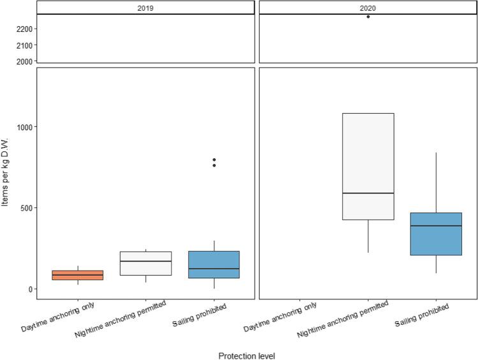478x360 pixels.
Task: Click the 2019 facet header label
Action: [146, 7]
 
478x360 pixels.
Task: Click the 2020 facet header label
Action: [368, 7]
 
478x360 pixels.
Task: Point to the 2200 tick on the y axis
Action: [26, 29]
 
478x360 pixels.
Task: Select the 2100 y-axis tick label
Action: [26, 45]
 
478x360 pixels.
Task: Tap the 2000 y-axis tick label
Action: [26, 61]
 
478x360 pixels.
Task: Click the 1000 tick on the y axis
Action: [26, 127]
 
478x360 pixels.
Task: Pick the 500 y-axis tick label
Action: [27, 208]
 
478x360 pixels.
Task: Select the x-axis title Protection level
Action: [247, 356]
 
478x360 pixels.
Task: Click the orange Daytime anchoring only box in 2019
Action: [77, 275]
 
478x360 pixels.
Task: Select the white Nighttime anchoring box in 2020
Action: [368, 166]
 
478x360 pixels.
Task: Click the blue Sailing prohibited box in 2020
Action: [436, 234]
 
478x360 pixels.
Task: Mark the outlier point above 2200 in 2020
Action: [368, 17]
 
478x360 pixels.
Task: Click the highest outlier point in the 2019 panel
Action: [214, 160]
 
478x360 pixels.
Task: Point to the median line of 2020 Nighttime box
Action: [368, 193]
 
